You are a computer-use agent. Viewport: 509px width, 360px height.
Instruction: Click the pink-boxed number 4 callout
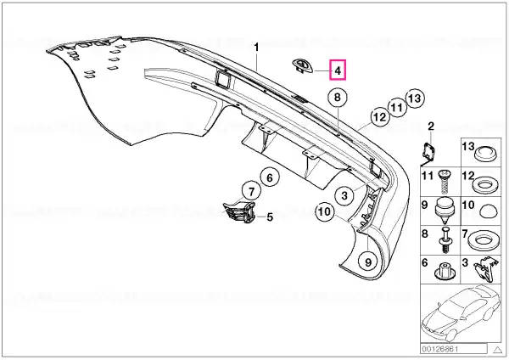click(338, 70)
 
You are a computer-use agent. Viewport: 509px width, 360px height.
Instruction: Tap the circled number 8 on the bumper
click(338, 97)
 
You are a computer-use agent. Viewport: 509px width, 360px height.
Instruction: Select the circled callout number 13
click(415, 98)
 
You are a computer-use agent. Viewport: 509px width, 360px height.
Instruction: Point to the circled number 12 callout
click(380, 116)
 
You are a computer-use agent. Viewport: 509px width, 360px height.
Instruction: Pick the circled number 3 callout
click(344, 195)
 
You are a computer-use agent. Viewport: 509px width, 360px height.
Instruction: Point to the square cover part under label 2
click(428, 154)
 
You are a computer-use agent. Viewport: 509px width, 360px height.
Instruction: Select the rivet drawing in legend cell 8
click(445, 240)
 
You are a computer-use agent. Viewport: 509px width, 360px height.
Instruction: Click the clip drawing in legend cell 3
click(484, 269)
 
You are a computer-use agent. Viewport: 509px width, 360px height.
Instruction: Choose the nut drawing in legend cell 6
click(445, 272)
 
